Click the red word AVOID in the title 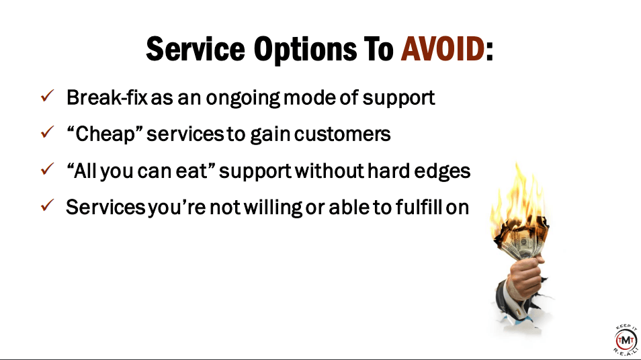tap(443, 49)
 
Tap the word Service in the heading tap(196, 49)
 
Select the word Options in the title tap(305, 50)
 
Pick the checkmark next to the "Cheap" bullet tap(48, 132)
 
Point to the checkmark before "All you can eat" tap(48, 169)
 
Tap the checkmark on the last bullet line tap(48, 205)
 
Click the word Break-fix tap(107, 97)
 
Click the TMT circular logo tap(626, 339)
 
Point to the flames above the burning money tap(518, 196)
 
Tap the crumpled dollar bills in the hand tap(521, 241)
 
